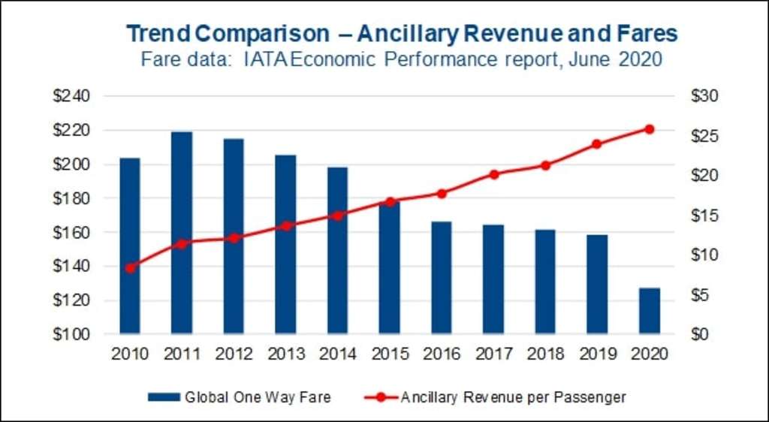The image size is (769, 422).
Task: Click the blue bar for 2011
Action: tap(182, 233)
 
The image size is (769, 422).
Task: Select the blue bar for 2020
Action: tap(650, 311)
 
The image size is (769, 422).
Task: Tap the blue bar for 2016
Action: tap(442, 278)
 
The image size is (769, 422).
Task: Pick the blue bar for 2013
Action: tap(285, 244)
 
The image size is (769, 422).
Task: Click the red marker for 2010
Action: tap(130, 267)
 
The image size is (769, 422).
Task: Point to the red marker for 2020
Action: tap(650, 129)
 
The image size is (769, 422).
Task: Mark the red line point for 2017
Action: tap(493, 174)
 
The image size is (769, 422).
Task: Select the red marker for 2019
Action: tap(597, 143)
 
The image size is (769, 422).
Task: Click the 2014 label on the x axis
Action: tap(337, 354)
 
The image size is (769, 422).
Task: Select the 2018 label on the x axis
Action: tap(545, 354)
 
